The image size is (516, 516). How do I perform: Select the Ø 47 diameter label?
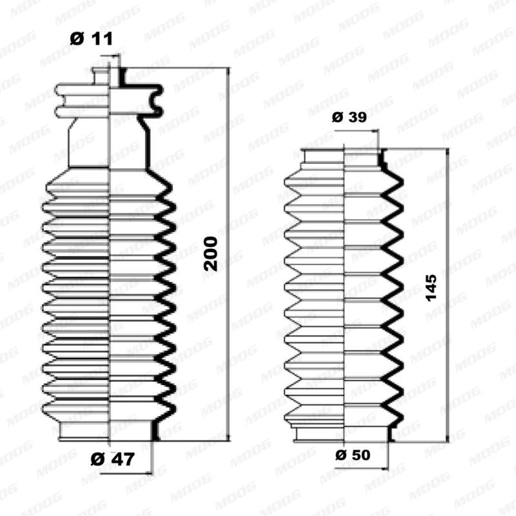[113, 460]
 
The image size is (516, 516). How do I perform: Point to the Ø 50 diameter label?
[353, 455]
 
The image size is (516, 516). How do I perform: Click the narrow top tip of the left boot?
[108, 75]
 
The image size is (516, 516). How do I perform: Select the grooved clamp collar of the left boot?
[108, 101]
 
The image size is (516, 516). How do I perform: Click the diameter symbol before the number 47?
[97, 460]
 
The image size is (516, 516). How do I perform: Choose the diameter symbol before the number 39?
[337, 117]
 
